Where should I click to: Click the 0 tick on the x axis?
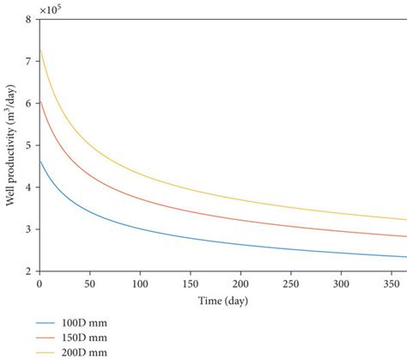coord(39,283)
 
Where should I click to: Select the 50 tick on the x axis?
coord(89,283)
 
